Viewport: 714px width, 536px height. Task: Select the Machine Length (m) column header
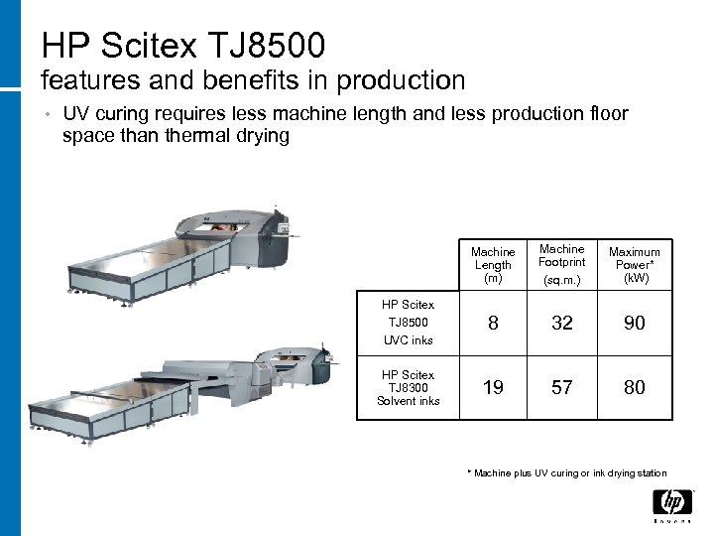click(x=493, y=265)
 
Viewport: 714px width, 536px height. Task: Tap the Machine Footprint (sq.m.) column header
click(x=562, y=265)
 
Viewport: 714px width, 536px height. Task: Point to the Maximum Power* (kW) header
click(x=635, y=265)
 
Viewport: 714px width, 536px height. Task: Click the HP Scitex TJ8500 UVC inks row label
click(x=408, y=323)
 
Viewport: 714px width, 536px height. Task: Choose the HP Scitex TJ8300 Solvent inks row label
click(x=408, y=388)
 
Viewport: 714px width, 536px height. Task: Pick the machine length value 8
click(x=493, y=323)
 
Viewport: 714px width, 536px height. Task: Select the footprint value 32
click(x=562, y=323)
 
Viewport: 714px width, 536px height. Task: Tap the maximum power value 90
click(x=635, y=323)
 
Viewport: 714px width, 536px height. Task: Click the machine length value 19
click(x=493, y=387)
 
